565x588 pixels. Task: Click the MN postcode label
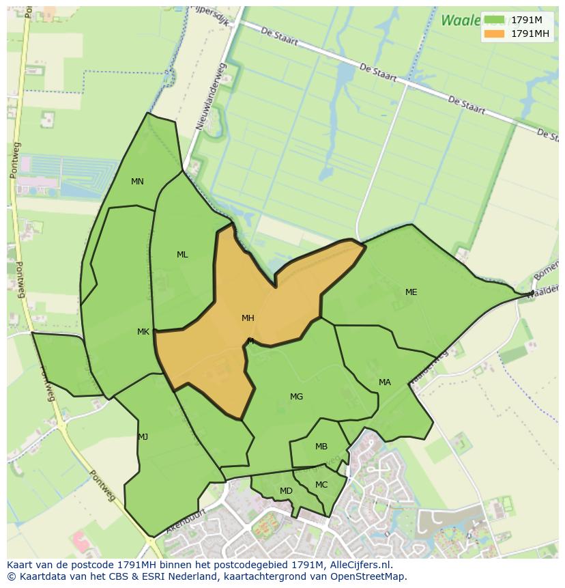click(137, 182)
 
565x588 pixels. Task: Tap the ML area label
click(182, 255)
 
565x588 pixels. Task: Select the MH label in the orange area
click(248, 318)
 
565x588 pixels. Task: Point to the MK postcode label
click(143, 332)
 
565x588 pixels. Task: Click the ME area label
click(411, 292)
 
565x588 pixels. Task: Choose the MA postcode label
click(385, 382)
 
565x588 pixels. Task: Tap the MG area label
click(296, 397)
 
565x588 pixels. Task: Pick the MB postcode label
click(321, 447)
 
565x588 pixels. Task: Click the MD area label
click(286, 491)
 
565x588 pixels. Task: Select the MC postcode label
click(321, 485)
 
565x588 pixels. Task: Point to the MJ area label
click(143, 437)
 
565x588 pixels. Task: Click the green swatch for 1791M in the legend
click(494, 20)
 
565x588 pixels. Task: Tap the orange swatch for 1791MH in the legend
click(494, 33)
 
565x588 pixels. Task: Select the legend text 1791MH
click(530, 33)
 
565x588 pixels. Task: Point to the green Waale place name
click(459, 20)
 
